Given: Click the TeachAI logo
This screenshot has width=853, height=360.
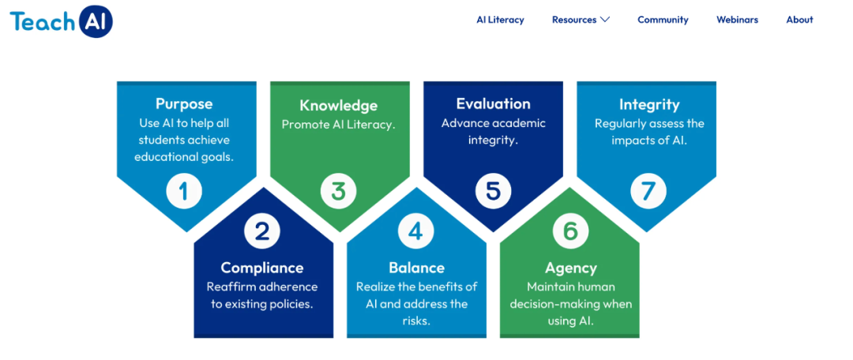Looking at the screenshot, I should click(x=61, y=21).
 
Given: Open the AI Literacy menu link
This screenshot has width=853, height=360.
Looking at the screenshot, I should click(x=500, y=20).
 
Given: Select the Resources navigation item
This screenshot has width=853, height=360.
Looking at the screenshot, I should click(x=574, y=20).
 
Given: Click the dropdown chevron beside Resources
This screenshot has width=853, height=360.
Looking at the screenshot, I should click(x=605, y=20).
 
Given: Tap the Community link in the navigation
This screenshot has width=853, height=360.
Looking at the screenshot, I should click(x=663, y=20).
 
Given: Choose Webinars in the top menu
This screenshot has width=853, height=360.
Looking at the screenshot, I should click(x=737, y=20).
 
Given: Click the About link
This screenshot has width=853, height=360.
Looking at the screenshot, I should click(x=799, y=20).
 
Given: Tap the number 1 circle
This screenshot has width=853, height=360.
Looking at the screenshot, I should click(x=184, y=192).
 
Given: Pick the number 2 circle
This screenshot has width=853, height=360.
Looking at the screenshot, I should click(x=261, y=231).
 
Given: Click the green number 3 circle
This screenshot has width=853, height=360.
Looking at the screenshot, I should click(x=338, y=192).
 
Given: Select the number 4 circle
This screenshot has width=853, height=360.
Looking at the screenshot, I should click(x=415, y=231).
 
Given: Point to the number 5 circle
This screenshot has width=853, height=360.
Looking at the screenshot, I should click(x=493, y=192).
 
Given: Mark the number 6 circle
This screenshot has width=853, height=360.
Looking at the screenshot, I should click(x=570, y=231).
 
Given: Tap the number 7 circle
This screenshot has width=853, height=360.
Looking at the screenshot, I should click(x=648, y=192).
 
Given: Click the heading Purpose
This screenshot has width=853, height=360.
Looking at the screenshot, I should click(x=184, y=103).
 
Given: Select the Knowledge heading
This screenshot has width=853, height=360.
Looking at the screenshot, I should click(x=338, y=105).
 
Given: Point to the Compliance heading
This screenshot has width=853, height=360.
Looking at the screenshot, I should click(x=261, y=268).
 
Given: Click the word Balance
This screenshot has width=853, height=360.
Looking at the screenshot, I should click(x=416, y=268).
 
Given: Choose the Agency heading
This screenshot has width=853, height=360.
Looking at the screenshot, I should click(x=570, y=268).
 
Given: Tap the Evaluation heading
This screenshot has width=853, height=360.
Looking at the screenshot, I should click(x=493, y=103).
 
